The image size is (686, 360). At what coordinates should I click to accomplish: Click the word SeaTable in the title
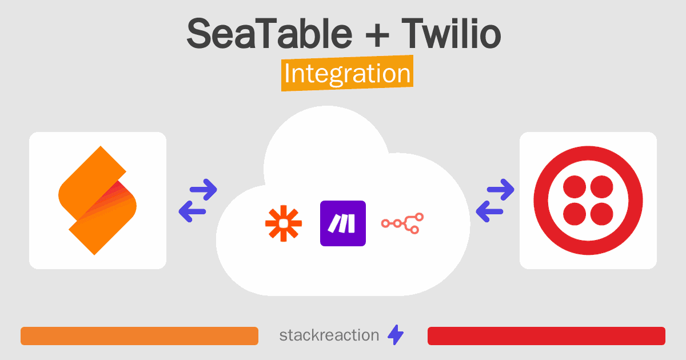click(269, 33)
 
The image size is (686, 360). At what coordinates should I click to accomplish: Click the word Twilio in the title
click(451, 33)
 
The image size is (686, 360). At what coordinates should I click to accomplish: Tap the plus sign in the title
click(377, 36)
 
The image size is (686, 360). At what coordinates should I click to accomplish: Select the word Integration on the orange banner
click(348, 74)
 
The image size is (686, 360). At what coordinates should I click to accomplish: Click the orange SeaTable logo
click(97, 201)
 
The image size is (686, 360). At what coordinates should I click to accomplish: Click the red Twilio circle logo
click(588, 201)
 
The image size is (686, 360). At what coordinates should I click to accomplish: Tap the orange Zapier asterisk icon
click(284, 223)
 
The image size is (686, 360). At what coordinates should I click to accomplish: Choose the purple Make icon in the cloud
click(343, 223)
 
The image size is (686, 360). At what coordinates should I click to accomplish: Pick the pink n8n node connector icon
click(402, 223)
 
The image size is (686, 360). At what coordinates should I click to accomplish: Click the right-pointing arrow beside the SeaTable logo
click(204, 190)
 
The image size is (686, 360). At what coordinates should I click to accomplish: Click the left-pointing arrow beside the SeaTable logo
click(192, 211)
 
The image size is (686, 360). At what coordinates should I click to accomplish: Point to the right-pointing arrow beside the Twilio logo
click(501, 190)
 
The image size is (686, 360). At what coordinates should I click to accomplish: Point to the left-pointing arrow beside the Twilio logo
click(489, 211)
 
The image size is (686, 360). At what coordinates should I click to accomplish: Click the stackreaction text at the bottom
click(329, 335)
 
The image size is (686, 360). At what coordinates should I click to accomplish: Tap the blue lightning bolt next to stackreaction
click(396, 335)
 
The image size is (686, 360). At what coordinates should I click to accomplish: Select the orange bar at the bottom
click(139, 336)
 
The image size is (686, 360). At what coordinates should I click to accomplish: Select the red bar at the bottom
click(547, 336)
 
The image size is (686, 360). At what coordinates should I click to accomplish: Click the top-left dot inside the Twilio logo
click(575, 187)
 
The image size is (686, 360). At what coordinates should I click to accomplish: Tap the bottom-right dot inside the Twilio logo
click(602, 214)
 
